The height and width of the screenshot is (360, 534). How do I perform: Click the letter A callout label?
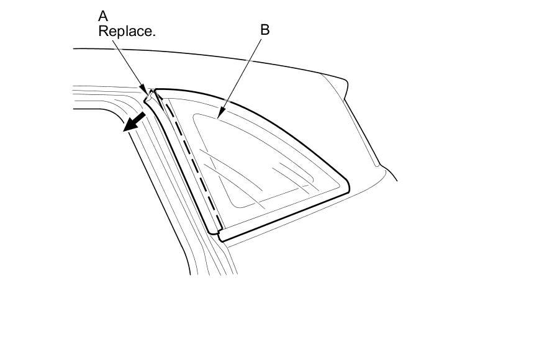coord(103,15)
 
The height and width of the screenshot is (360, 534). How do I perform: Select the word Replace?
coord(126,31)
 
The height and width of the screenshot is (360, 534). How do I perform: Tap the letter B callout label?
coord(265,30)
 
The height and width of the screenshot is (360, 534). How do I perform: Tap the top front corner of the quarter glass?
coord(156,91)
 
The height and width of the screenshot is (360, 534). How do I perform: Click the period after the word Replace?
coord(153,35)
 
